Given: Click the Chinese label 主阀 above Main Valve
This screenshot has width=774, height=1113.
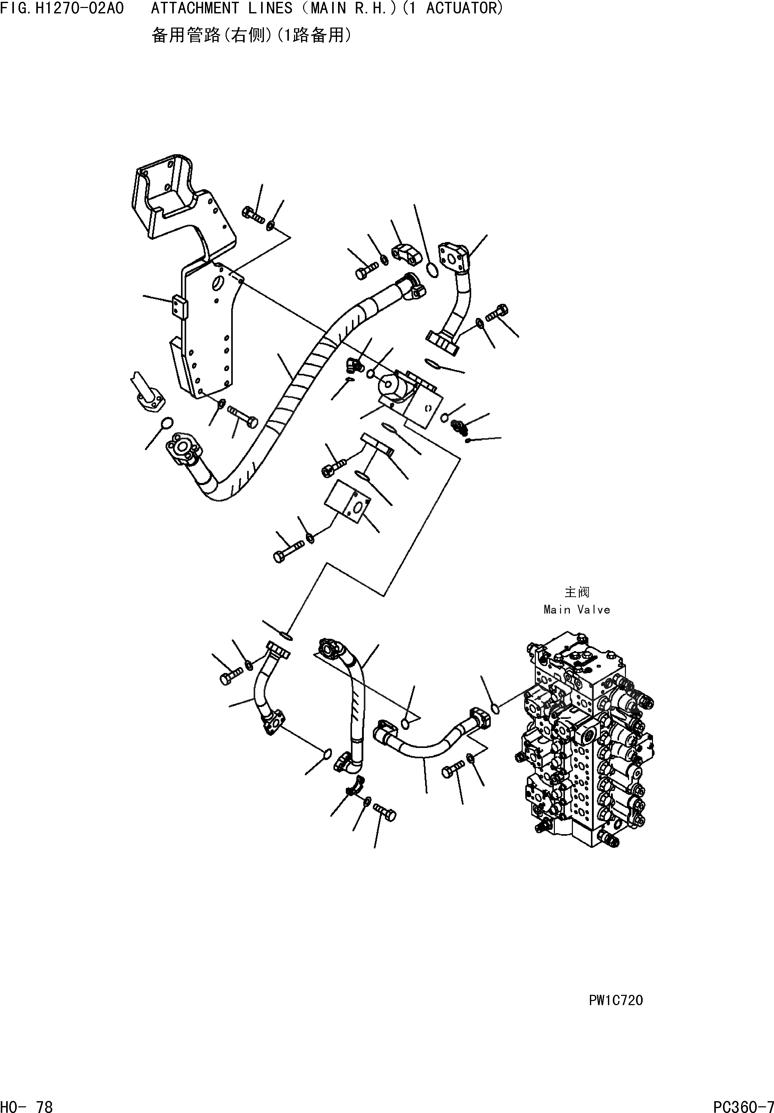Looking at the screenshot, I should (x=577, y=592).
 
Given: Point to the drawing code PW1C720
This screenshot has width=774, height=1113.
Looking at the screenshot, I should (x=615, y=1000).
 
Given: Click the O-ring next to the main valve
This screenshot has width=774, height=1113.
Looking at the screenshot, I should (x=495, y=709).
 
